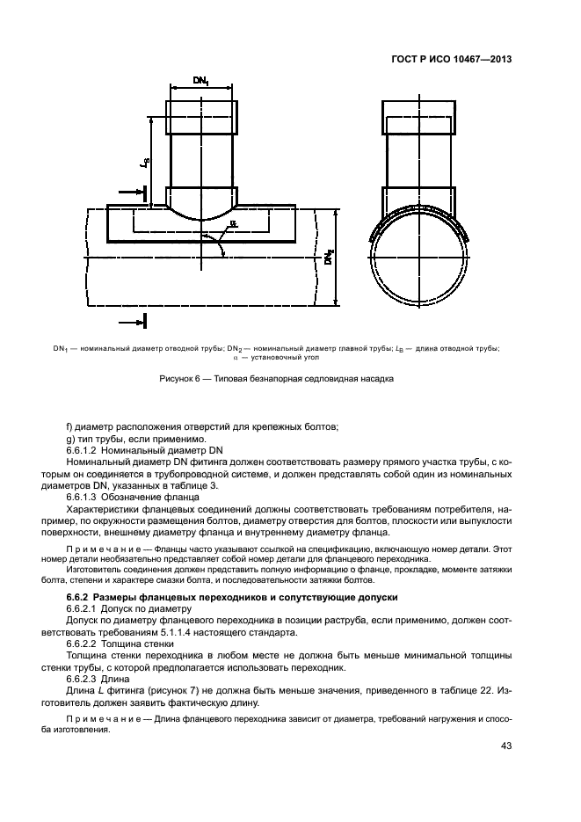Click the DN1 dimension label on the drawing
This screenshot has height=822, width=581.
[x=201, y=80]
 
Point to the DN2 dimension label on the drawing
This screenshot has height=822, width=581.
[x=327, y=258]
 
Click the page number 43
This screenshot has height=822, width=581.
[x=506, y=746]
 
